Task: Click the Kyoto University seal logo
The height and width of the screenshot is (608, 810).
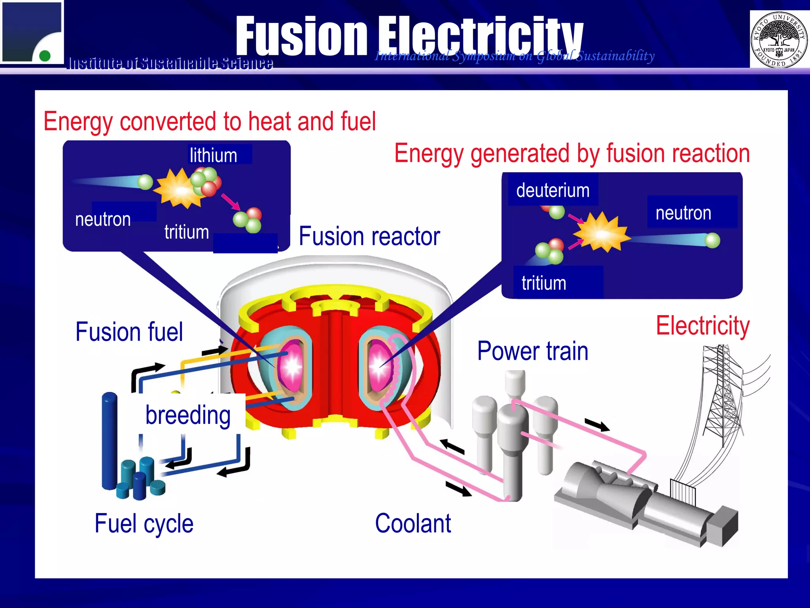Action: coord(779,39)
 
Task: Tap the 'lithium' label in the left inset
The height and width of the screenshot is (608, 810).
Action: coord(214,155)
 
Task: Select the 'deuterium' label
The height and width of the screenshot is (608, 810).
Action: coord(553,190)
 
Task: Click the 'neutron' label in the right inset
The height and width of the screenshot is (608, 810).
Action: coord(683,213)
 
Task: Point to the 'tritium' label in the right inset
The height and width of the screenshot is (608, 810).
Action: coord(544,283)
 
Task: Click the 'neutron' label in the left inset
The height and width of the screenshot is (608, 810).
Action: coord(103,219)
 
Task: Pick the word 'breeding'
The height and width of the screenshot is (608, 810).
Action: coord(188,415)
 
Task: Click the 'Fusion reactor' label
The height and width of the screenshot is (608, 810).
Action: coord(369,236)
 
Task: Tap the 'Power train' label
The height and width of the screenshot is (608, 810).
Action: coord(533,351)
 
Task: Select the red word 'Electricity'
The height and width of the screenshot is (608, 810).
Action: coord(703,326)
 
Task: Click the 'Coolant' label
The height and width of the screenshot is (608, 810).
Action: coord(413,523)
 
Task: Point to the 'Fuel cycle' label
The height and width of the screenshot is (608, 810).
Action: coord(144,524)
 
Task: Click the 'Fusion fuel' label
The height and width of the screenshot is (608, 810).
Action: coord(129,332)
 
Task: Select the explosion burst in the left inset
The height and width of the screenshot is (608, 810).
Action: coord(178,189)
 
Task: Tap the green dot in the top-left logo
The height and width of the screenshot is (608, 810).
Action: coord(45,55)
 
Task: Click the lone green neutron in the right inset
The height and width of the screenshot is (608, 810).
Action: coord(712,240)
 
